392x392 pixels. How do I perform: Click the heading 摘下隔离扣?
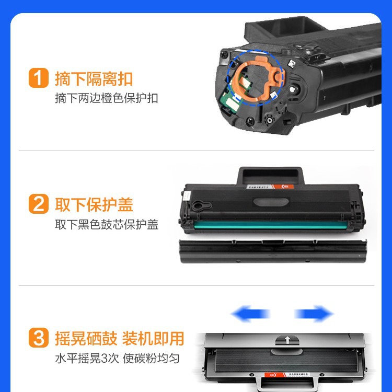click(x=94, y=79)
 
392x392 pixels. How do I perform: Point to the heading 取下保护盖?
click(x=94, y=204)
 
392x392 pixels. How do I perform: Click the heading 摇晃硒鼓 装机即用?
click(x=119, y=338)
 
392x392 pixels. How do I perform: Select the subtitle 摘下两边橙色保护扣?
click(x=106, y=98)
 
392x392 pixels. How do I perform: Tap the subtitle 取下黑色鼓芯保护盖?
click(x=106, y=224)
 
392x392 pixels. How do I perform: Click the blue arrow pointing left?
click(x=250, y=314)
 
